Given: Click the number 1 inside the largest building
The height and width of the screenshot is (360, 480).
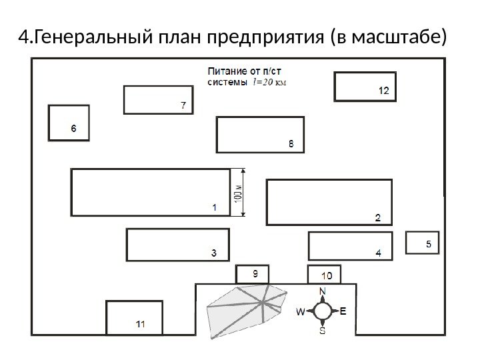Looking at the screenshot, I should (x=214, y=207).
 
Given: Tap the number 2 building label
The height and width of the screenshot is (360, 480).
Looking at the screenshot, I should (x=377, y=217).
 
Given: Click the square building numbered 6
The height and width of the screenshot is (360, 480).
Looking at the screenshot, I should (x=69, y=123).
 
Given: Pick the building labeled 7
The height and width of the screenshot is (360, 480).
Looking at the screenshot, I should (x=158, y=99).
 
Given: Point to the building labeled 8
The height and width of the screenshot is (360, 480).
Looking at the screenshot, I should (x=260, y=134).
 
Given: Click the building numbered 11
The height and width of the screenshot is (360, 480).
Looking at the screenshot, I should (x=134, y=317).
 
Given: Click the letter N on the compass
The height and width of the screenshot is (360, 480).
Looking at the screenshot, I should (x=323, y=291).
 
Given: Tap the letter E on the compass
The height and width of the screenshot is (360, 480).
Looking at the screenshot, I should (x=343, y=311).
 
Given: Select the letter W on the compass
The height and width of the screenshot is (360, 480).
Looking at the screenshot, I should (x=301, y=311).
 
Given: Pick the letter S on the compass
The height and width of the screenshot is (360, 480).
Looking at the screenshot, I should (x=323, y=330).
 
